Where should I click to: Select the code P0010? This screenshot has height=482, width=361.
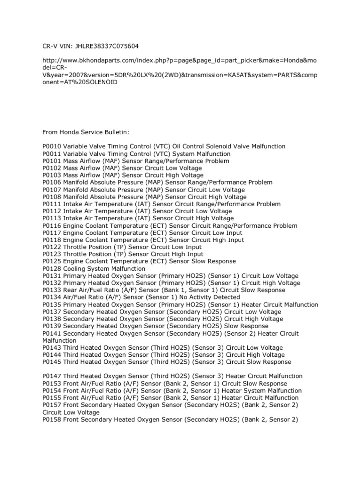(52, 147)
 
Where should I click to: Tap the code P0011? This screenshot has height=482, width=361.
(52, 154)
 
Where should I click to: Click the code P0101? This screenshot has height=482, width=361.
(52, 161)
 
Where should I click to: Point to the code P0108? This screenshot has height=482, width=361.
(52, 197)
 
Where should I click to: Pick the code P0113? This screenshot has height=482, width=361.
(52, 218)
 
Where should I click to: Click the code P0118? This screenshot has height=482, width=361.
(52, 240)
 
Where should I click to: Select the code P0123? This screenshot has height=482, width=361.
(52, 254)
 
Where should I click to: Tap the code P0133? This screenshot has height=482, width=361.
(52, 290)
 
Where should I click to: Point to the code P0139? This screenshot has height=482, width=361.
(52, 326)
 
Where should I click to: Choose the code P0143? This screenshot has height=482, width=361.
(52, 348)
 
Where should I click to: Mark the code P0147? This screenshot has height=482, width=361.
(52, 377)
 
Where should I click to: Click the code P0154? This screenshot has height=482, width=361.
(52, 391)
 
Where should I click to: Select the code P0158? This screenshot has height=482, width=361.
(52, 419)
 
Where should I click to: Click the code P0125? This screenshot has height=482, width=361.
(52, 261)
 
